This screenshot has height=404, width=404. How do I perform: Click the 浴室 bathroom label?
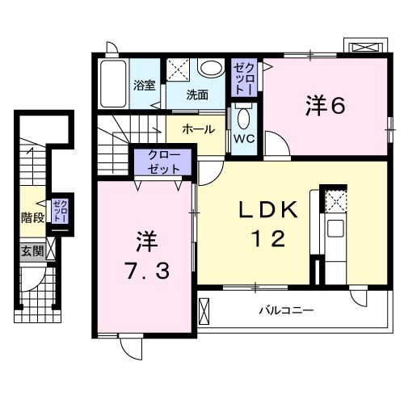(144, 84)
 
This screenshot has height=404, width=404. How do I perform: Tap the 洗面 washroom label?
(197, 94)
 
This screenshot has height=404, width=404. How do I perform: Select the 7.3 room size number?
(146, 271)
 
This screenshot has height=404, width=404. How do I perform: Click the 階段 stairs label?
(32, 217)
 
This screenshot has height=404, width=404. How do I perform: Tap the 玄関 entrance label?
(32, 251)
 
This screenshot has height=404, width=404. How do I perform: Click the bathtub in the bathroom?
(113, 84)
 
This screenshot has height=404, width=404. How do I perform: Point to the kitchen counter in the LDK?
(332, 230)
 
